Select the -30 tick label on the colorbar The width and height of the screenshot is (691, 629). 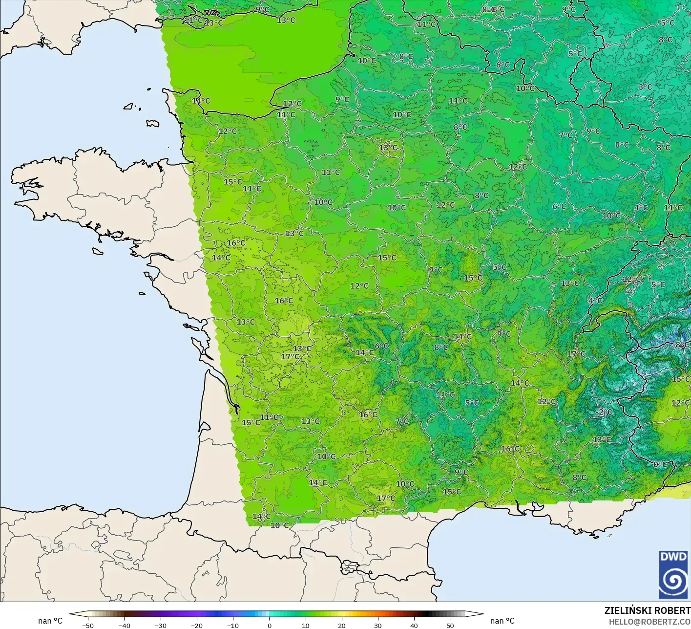(161, 626)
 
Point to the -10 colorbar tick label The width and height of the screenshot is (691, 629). (233, 626)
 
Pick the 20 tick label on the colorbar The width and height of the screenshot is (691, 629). (342, 626)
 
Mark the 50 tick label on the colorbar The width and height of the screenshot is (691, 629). (450, 626)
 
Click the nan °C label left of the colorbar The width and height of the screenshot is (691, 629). (50, 621)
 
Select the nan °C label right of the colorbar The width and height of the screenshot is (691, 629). (503, 621)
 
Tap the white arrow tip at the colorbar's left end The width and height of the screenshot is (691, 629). (71, 614)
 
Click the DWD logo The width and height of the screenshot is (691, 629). (673, 574)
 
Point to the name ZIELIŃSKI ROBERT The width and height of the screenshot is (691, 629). (647, 610)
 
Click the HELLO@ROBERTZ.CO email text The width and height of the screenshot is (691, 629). (649, 621)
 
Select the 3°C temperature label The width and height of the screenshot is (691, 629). (645, 87)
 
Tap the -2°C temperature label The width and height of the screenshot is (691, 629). (604, 412)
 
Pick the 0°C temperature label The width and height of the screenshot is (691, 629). (660, 464)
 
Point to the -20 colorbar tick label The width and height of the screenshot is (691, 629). (197, 626)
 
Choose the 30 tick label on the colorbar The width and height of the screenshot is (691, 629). (378, 626)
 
